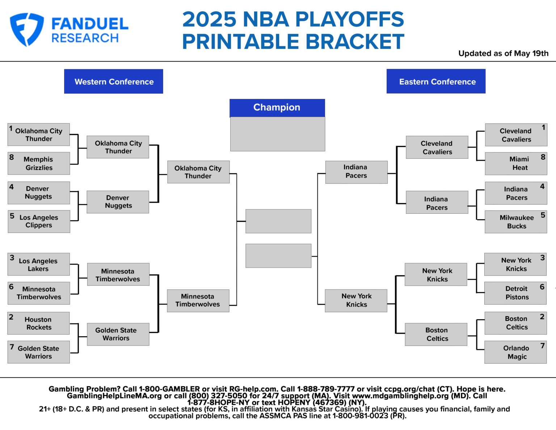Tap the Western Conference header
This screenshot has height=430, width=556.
pos(114,82)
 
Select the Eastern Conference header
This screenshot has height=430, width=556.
pos(436,82)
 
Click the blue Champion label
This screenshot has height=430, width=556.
pos(277,108)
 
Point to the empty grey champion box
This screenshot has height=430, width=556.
pos(278,134)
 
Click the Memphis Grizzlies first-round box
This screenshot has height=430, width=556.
pos(39,163)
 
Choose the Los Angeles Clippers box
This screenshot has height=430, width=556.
pos(39,221)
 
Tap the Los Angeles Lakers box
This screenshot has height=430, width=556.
pos(39,264)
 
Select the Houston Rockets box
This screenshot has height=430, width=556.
pos(39,323)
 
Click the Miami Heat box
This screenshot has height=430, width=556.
pos(516,163)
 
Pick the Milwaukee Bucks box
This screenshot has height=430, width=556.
pos(516,222)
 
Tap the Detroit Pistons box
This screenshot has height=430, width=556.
pos(516,293)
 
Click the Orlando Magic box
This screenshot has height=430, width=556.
pos(516,352)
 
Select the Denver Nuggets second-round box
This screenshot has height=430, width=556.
pos(118,202)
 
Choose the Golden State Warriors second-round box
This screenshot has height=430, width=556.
pos(118,334)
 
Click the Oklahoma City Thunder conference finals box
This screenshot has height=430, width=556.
pos(198,172)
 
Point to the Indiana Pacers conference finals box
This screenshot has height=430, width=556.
pos(357,172)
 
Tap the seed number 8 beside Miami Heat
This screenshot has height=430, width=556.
pos(543,157)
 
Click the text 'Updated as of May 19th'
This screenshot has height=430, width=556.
pos(503,54)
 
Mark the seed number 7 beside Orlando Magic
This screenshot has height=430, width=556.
pos(543,346)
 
